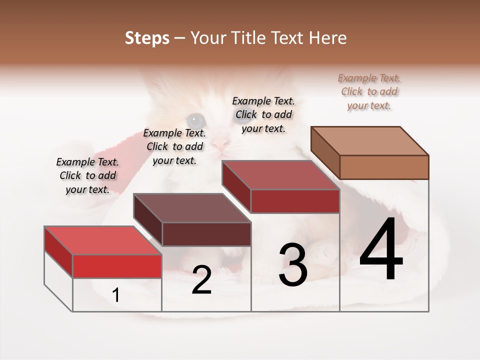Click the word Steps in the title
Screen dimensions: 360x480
(x=146, y=38)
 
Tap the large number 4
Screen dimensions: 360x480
(x=381, y=250)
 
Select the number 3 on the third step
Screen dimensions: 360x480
(x=293, y=265)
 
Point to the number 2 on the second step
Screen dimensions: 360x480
(x=201, y=280)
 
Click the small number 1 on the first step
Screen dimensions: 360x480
(x=116, y=295)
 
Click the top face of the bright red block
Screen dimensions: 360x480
(x=103, y=240)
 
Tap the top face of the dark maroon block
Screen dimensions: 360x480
(x=192, y=208)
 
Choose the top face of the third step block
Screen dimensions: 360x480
(x=280, y=175)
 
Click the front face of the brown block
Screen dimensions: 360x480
(x=384, y=167)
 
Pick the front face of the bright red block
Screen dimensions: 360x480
(x=117, y=266)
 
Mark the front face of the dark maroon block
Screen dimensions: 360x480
(x=206, y=234)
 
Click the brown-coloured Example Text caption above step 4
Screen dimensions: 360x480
(x=369, y=91)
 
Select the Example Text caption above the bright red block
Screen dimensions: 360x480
(x=87, y=175)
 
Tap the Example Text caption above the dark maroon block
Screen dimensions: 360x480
(x=174, y=146)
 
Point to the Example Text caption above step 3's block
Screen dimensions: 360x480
(x=263, y=114)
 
